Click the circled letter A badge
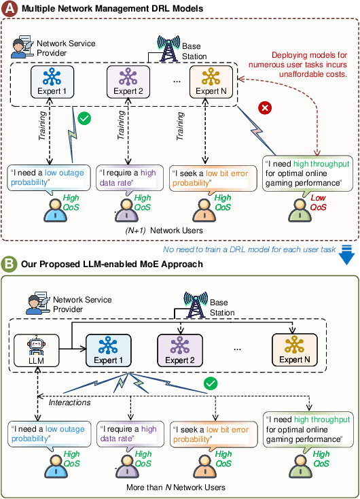pyautogui.click(x=10, y=8)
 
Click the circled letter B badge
pyautogui.click(x=10, y=263)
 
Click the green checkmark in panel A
pyautogui.click(x=85, y=119)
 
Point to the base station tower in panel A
pyautogui.click(x=167, y=48)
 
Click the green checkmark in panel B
pyautogui.click(x=211, y=384)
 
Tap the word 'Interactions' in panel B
pyautogui.click(x=71, y=403)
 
